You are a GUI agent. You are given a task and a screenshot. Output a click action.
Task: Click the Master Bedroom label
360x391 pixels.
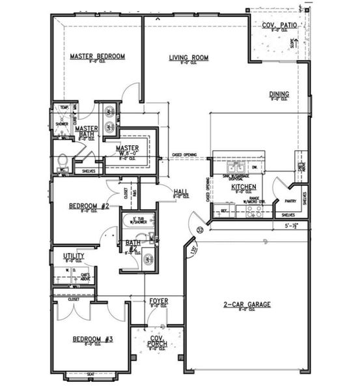[x=97, y=57]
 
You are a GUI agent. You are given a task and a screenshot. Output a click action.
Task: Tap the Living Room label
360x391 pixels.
[x=188, y=58]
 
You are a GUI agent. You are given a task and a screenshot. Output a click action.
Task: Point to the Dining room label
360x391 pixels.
[x=279, y=94]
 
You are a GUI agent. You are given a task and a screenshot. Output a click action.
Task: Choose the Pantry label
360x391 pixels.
[x=290, y=201]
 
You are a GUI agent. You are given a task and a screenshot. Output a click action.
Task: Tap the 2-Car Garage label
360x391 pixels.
[x=247, y=304]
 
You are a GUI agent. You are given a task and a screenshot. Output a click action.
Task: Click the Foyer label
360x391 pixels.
[x=159, y=301]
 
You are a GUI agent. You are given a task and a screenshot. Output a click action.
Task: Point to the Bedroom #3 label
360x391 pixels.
[x=93, y=340]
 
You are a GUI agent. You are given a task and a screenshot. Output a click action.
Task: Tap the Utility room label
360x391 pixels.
[x=74, y=257]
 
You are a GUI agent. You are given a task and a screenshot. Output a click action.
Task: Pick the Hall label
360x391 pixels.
[x=181, y=192]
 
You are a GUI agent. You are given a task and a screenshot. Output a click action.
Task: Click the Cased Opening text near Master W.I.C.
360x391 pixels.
[x=184, y=154]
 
